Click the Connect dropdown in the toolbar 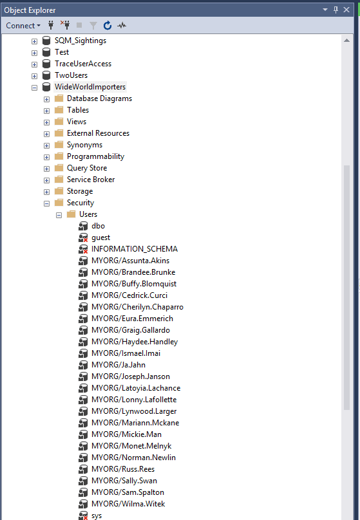pyautogui.click(x=23, y=26)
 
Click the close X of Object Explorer pyautogui.click(x=346, y=10)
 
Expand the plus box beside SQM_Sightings pyautogui.click(x=35, y=41)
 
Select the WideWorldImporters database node pyautogui.click(x=90, y=87)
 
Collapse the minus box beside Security pyautogui.click(x=47, y=203)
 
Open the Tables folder pyautogui.click(x=78, y=110)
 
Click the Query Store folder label pyautogui.click(x=87, y=168)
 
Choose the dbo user pyautogui.click(x=98, y=226)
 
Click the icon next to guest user pyautogui.click(x=83, y=237)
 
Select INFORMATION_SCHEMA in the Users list pyautogui.click(x=135, y=249)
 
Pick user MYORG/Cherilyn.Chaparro pyautogui.click(x=137, y=307)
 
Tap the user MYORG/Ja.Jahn pyautogui.click(x=118, y=365)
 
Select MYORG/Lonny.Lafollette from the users pyautogui.click(x=134, y=400)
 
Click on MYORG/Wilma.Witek pyautogui.click(x=128, y=504)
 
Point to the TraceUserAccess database pyautogui.click(x=83, y=64)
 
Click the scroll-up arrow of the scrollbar pyautogui.click(x=346, y=41)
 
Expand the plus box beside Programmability pyautogui.click(x=47, y=157)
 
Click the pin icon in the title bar pyautogui.click(x=336, y=10)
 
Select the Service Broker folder pyautogui.click(x=91, y=180)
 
